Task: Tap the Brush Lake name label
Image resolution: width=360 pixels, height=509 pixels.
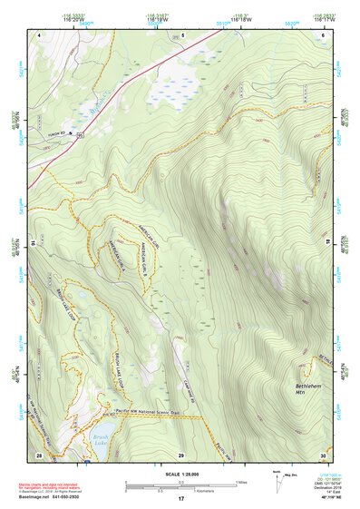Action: tap(101, 439)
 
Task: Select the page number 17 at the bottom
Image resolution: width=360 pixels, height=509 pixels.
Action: tap(180, 500)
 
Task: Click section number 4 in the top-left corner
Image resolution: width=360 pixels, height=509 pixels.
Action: tap(40, 34)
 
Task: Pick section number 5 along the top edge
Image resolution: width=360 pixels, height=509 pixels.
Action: tap(182, 34)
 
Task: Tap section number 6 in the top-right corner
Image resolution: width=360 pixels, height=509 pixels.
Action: tap(323, 34)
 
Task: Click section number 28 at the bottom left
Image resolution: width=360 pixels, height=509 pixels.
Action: tap(39, 454)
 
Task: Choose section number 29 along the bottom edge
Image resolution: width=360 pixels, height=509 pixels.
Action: tap(180, 454)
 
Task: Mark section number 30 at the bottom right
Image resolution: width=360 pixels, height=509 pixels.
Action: tap(323, 454)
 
